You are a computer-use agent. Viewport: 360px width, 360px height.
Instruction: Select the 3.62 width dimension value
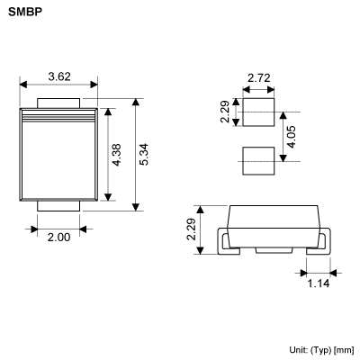click(x=59, y=77)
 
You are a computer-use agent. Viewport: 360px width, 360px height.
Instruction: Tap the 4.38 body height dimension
click(x=116, y=155)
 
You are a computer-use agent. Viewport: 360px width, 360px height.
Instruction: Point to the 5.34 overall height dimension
click(x=143, y=153)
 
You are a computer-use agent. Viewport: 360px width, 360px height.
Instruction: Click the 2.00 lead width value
click(x=59, y=236)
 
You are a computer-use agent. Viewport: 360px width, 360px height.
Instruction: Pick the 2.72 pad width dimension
click(x=258, y=79)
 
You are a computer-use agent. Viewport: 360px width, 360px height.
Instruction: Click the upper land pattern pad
click(x=258, y=113)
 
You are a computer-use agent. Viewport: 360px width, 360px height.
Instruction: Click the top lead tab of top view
click(x=59, y=101)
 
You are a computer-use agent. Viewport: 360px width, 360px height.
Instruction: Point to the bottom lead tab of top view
click(x=59, y=207)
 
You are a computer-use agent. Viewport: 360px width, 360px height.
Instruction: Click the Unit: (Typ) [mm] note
click(x=321, y=349)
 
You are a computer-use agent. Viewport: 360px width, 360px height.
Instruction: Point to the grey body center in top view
click(x=59, y=157)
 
